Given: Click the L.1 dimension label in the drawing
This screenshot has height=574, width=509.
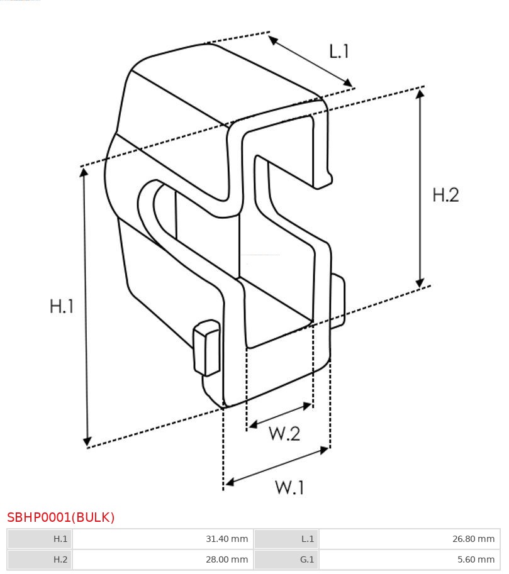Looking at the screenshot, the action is pos(339,52).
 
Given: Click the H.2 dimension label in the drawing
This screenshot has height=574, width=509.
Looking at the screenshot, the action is pos(445,195).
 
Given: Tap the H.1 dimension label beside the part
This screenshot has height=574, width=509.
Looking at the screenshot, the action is pos(62,306).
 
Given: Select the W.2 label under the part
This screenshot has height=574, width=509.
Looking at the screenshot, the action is pos(284,433).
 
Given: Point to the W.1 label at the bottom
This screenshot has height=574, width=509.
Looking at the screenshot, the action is pos(289,487).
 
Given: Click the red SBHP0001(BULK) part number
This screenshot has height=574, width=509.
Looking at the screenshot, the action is pos(61,517).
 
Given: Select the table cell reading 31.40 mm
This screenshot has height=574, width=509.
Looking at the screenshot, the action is pos(227,539).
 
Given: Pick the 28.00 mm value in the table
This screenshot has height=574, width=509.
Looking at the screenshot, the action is pos(227,560).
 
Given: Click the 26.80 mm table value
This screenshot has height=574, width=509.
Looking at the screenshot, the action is pos(474,539).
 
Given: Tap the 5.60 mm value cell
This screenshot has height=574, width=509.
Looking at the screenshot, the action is pos(476,560).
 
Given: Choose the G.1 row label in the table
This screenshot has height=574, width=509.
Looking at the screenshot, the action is pos(307,560).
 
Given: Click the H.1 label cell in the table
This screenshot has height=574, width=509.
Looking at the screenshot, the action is pos(60,539).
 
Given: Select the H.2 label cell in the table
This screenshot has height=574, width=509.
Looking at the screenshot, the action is pos(60,560).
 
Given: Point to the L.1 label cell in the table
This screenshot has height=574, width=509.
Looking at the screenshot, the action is pos(308,539).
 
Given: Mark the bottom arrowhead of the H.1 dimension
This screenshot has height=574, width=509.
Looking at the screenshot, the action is pos(87,441).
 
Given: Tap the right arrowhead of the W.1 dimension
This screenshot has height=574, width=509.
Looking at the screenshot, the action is pos(325,450).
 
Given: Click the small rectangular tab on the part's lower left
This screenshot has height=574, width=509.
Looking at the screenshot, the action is pos(207,348).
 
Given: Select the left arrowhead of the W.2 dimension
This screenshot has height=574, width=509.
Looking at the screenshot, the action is pos(252,424).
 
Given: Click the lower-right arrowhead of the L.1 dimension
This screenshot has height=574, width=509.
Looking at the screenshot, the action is pos(347,82).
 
